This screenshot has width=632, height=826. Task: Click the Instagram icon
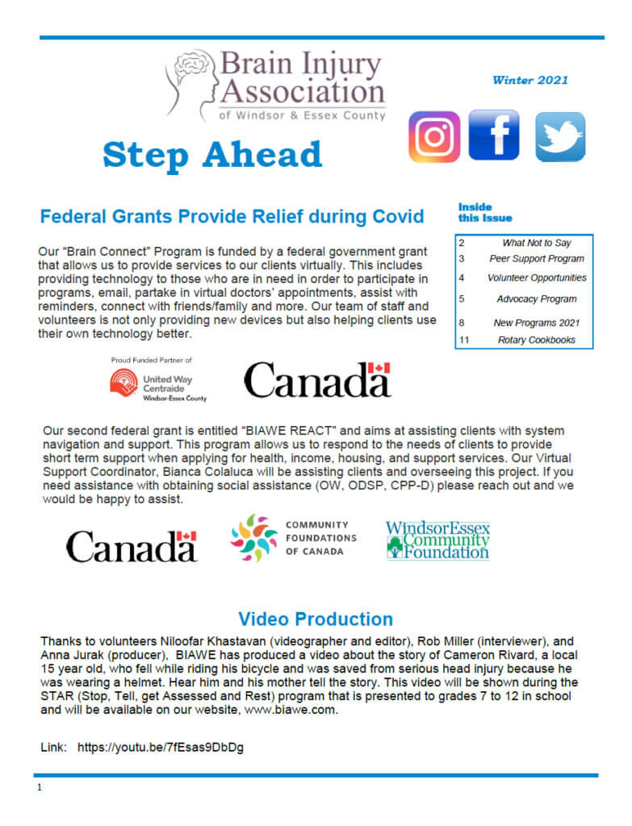[434, 136]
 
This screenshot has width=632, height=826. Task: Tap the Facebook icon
[494, 136]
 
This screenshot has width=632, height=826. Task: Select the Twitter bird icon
[560, 137]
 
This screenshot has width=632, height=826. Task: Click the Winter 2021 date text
[529, 80]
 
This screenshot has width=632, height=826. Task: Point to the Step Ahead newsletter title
[212, 155]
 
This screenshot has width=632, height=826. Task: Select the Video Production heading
[316, 619]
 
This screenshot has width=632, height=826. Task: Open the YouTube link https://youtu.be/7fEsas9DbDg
[161, 748]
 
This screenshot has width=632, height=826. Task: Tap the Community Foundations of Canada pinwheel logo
[253, 537]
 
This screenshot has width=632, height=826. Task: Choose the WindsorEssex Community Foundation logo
[437, 540]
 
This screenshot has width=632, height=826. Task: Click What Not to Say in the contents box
[536, 243]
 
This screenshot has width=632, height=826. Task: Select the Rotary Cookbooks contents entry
[536, 340]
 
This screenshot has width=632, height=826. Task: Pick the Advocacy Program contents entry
[536, 299]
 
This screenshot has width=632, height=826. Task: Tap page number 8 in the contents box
[462, 323]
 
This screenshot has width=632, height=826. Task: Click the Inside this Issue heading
[484, 212]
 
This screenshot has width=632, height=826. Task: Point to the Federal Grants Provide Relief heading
[232, 217]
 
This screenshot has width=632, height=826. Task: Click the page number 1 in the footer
[39, 787]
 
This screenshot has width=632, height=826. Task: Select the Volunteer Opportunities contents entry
[536, 277]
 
